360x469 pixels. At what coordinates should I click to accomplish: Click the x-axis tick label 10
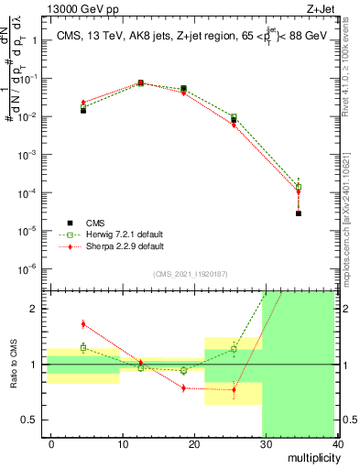click(x=122, y=443)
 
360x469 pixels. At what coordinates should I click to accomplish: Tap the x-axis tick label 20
click(x=193, y=443)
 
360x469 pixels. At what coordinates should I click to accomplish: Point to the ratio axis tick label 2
click(x=34, y=309)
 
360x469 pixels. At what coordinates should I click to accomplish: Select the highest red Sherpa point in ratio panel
click(x=83, y=323)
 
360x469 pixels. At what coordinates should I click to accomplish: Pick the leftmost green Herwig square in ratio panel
click(x=83, y=347)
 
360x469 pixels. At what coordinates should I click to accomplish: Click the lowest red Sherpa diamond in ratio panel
click(x=234, y=390)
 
